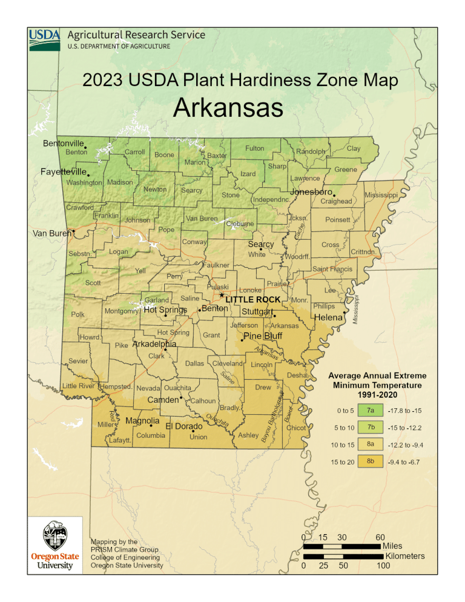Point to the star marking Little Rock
pyautogui.click(x=222, y=295)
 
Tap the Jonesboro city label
pyautogui.click(x=311, y=192)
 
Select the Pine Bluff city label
pyautogui.click(x=263, y=336)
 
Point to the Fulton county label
pyautogui.click(x=254, y=148)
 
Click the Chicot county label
pyautogui.click(x=296, y=428)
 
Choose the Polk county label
pyautogui.click(x=77, y=314)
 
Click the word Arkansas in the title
pyautogui.click(x=228, y=109)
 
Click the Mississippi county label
pyautogui.click(x=381, y=196)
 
